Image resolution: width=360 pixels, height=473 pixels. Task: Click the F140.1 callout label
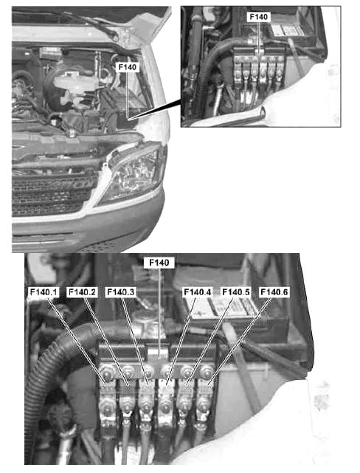(x=44, y=292)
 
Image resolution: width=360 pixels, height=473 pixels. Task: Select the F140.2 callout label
(x=82, y=292)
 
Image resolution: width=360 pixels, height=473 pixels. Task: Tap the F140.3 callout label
(x=120, y=292)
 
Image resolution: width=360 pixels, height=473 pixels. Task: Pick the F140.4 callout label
(x=198, y=292)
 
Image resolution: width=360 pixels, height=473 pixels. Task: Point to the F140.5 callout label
(x=236, y=292)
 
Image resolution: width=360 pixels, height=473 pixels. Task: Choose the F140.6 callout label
(x=274, y=292)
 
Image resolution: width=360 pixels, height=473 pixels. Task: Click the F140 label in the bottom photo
(x=159, y=263)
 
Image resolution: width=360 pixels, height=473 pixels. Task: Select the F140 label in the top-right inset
(x=259, y=17)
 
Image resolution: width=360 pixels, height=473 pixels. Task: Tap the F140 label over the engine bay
(x=127, y=67)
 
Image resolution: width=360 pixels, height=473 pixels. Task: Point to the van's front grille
(x=51, y=193)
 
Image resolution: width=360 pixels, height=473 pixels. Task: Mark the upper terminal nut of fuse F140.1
(x=107, y=370)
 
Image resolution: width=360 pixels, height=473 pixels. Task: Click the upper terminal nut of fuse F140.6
(x=207, y=370)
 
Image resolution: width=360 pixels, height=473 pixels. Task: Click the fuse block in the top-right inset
(x=259, y=70)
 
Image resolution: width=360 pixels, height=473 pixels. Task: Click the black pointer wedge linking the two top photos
(x=157, y=110)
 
